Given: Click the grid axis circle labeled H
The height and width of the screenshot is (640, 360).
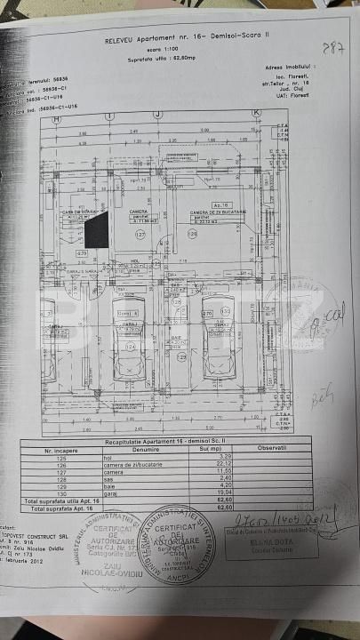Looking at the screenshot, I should [55, 116].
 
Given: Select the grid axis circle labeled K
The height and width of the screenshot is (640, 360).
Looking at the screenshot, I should [255, 113].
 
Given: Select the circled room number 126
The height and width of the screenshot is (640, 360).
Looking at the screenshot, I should [190, 234].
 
